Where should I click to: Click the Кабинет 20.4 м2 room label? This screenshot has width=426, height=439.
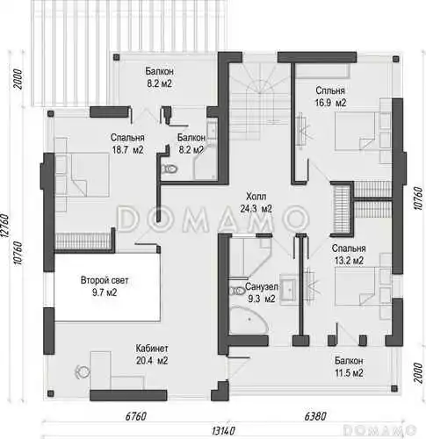(152, 355)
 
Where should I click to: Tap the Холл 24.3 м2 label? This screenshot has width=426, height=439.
(256, 202)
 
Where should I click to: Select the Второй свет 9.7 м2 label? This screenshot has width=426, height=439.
(105, 286)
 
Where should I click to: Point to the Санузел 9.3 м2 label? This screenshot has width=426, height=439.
(262, 292)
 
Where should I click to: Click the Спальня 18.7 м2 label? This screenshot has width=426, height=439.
(127, 144)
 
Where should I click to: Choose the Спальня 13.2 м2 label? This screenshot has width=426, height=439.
(349, 254)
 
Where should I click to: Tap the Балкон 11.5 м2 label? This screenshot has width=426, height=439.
(349, 367)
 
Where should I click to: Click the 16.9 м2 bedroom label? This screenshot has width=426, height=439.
(330, 97)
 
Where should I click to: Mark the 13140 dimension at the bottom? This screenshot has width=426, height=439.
(223, 430)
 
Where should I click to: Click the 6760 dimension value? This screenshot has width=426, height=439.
(135, 416)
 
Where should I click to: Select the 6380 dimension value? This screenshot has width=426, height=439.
(315, 416)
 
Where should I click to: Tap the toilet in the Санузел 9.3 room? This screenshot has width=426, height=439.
(237, 291)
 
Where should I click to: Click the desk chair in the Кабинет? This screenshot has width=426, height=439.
(83, 372)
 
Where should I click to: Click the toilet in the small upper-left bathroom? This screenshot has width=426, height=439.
(170, 169)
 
